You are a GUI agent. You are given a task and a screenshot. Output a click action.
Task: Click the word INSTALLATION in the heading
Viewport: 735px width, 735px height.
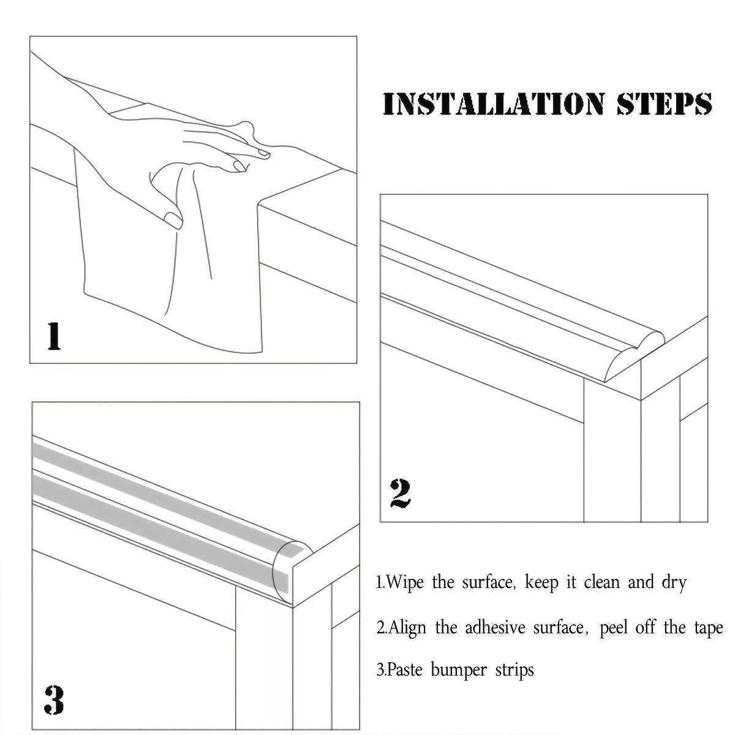[x=494, y=104]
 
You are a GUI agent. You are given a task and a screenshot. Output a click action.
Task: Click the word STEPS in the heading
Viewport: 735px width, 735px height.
[x=665, y=104]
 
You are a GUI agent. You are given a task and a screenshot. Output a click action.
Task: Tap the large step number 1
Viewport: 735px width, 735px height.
[x=54, y=336]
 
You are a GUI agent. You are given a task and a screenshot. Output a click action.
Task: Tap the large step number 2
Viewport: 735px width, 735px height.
[x=400, y=494]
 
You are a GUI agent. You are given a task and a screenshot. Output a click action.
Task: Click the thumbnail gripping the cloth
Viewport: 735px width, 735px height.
[x=173, y=220]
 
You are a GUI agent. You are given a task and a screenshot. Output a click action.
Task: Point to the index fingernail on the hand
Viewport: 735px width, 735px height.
[x=264, y=153]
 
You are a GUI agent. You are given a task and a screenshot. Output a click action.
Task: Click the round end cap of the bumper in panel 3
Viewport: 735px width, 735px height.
[x=292, y=571]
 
